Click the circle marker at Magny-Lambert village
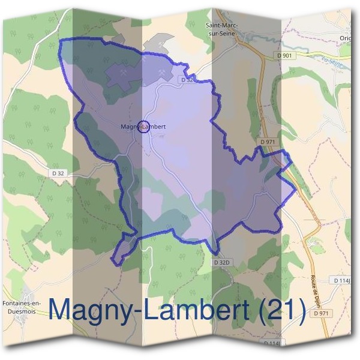[143, 126]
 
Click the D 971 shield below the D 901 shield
[268, 142]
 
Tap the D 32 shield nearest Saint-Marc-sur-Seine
[187, 79]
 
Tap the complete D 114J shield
[343, 280]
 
